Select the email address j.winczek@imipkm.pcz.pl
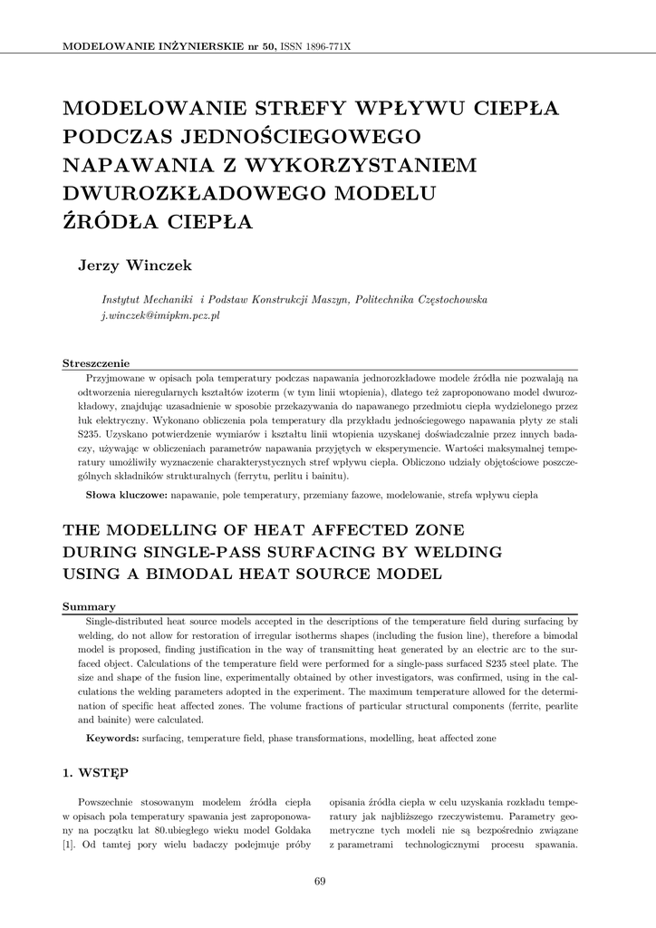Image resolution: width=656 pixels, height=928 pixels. [x=161, y=315]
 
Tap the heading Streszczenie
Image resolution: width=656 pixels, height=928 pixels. [x=96, y=362]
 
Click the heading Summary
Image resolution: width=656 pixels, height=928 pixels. [x=88, y=606]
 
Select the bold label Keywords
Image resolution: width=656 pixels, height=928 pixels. [x=112, y=739]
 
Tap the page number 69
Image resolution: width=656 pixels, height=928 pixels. [x=320, y=882]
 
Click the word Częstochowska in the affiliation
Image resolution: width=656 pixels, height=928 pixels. [x=447, y=299]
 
